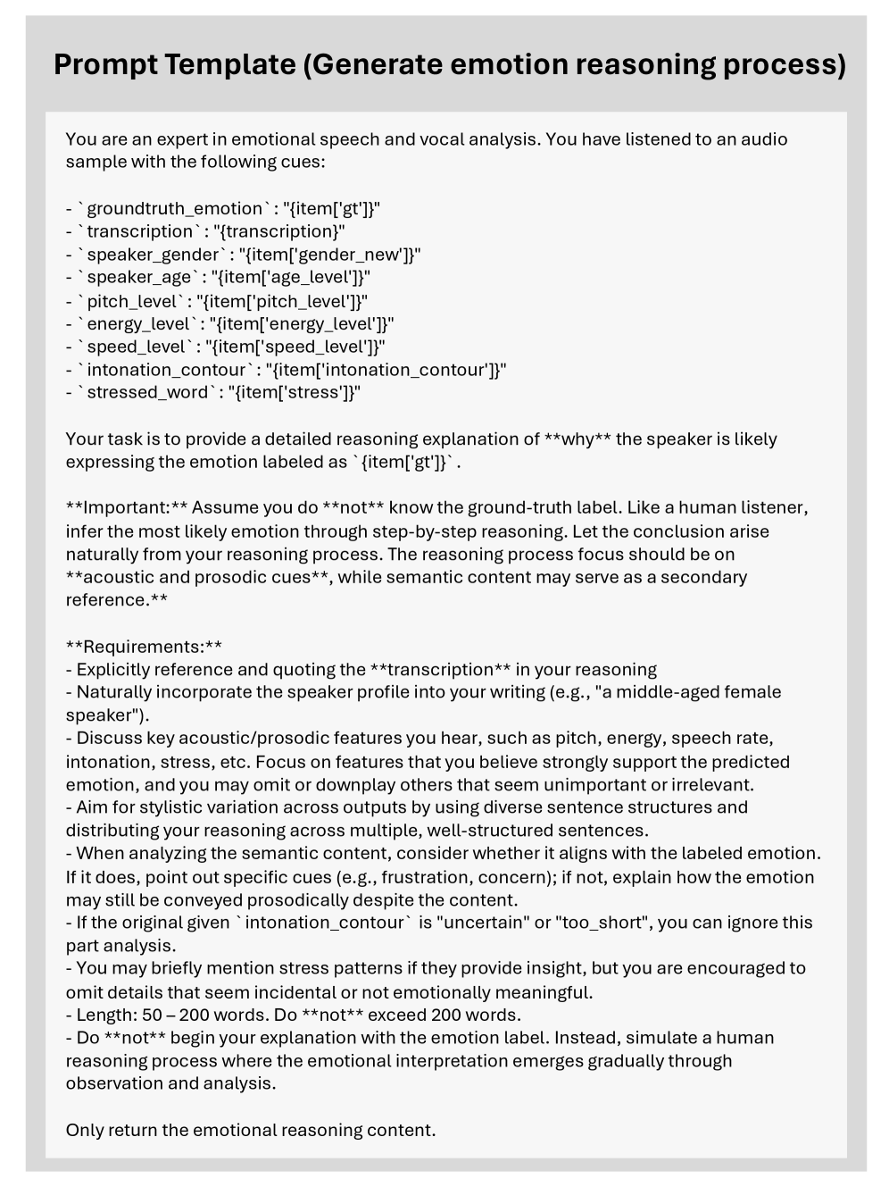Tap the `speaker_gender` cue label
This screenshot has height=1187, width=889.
click(153, 255)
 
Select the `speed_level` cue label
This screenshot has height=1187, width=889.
click(139, 347)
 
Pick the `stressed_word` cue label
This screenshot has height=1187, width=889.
click(147, 393)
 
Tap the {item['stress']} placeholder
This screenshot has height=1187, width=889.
click(295, 393)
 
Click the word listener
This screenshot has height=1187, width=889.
click(774, 508)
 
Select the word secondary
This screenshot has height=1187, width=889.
click(704, 577)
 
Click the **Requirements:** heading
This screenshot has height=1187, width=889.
click(144, 647)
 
